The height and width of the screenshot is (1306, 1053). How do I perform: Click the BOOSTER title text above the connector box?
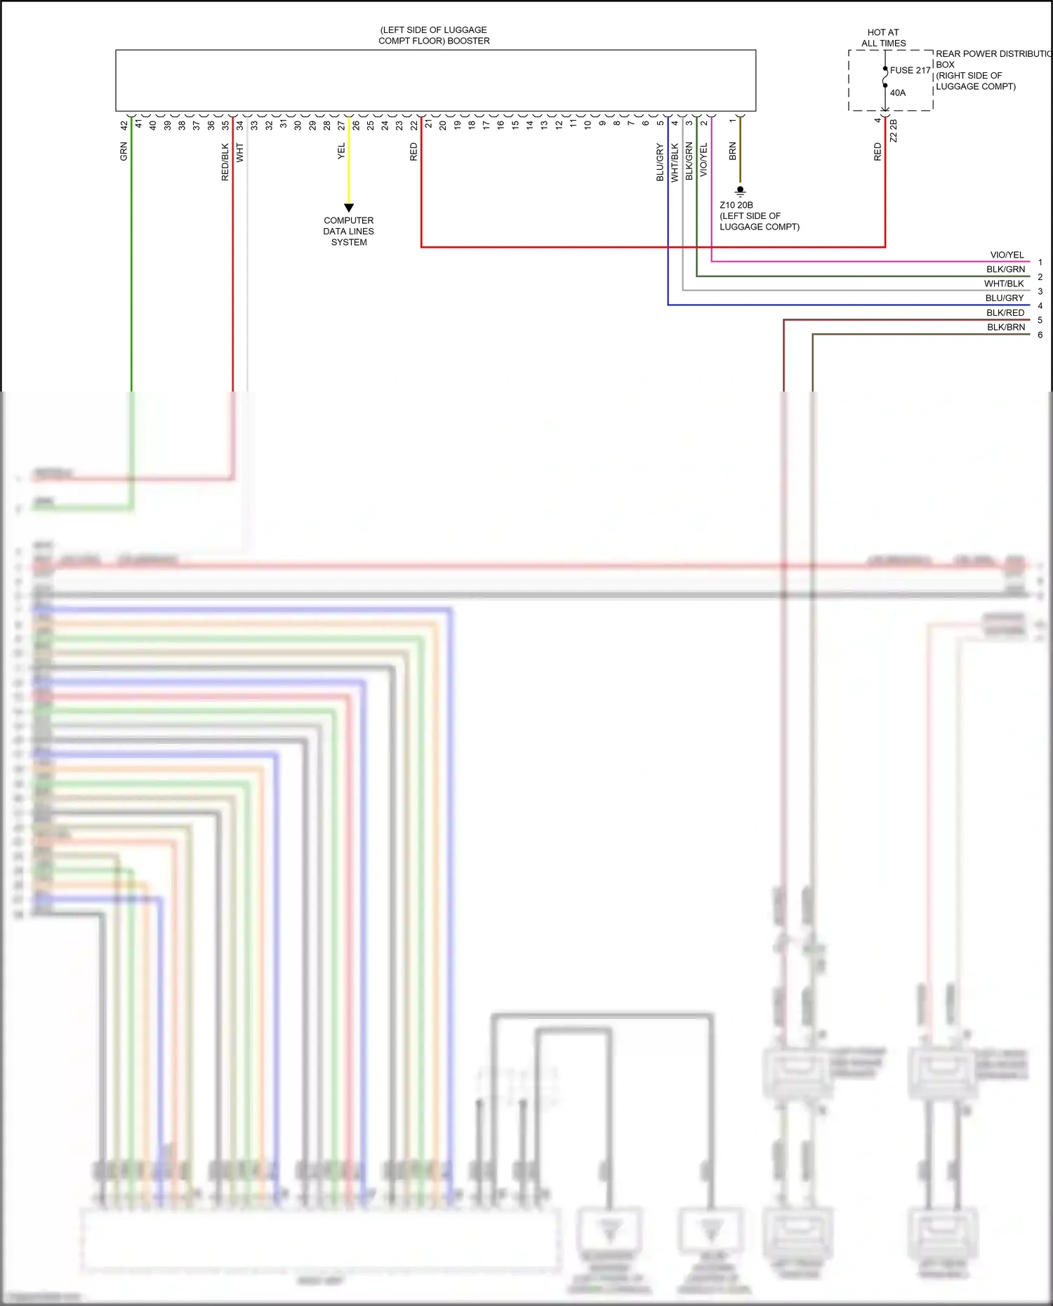(434, 36)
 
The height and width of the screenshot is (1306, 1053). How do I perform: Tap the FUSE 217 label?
(910, 70)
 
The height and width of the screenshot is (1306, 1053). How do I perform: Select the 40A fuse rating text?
(898, 93)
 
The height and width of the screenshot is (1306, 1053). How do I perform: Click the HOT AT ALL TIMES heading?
(883, 38)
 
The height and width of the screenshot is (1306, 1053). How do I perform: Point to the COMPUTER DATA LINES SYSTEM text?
(349, 231)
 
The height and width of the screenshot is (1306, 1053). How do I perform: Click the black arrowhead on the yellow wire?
(349, 208)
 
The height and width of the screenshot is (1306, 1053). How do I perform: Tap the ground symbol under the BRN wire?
(740, 191)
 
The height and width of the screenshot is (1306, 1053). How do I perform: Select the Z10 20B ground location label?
(736, 205)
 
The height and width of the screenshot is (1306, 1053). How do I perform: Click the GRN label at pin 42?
(124, 152)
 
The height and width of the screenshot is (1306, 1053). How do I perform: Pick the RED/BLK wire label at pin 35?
(225, 162)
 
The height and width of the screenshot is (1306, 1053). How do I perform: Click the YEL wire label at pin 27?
(341, 151)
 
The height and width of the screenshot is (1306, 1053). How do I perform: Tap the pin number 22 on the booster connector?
(413, 125)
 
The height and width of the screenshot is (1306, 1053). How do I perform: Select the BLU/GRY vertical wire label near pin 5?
(660, 163)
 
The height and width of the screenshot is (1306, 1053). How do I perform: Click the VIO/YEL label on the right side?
(1007, 255)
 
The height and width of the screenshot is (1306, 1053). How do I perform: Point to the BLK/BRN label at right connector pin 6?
(1005, 327)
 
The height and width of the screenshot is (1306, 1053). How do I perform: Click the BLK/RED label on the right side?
(1005, 313)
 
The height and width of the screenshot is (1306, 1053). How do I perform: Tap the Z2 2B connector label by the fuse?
(893, 131)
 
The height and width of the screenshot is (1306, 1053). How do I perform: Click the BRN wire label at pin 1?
(732, 152)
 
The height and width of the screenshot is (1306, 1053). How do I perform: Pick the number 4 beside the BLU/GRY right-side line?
(1040, 306)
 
